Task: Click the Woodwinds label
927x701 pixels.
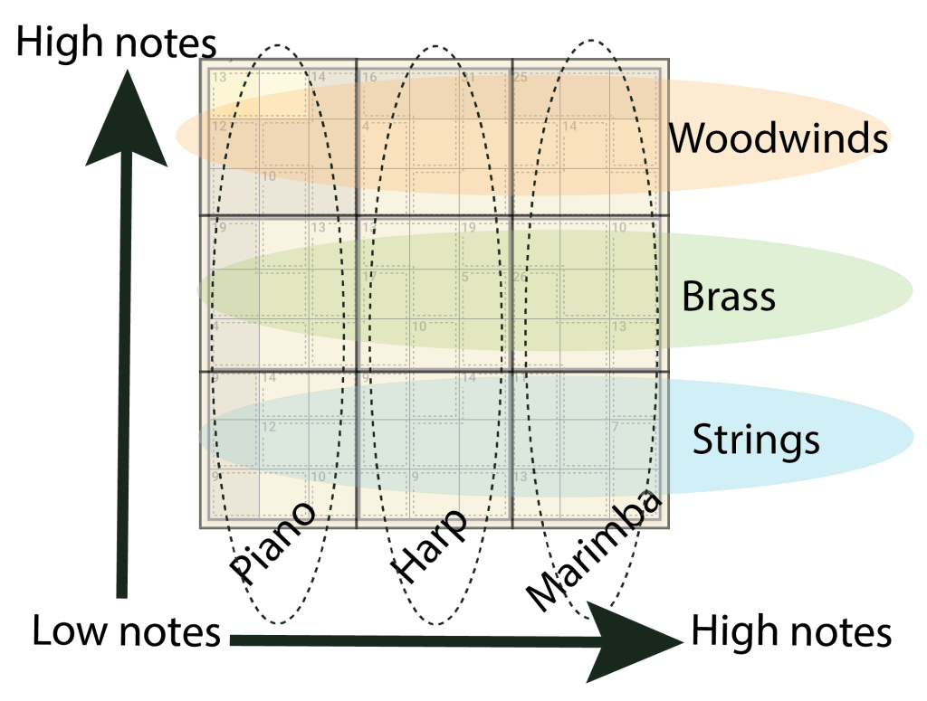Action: [x=779, y=138]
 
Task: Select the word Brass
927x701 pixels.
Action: [x=729, y=297]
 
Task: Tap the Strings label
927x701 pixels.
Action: [x=756, y=440]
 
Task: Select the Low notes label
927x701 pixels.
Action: [x=126, y=631]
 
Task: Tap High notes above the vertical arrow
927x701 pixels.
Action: [x=116, y=43]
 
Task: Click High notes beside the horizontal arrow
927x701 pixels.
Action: [x=791, y=631]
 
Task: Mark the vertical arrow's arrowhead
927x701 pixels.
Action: [x=126, y=118]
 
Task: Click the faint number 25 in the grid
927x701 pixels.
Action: [x=521, y=77]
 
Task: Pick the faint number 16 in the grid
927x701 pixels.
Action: [x=369, y=77]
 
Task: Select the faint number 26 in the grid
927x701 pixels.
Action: [x=520, y=277]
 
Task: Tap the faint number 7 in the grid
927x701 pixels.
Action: [x=615, y=426]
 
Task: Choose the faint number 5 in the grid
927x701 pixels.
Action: [x=465, y=277]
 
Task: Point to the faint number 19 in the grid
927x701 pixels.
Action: [x=469, y=227]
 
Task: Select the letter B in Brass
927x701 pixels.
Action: [x=693, y=297]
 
